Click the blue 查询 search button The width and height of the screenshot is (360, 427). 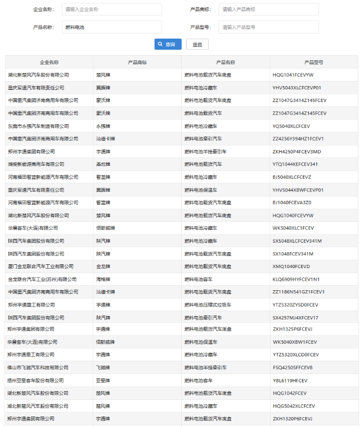point(168,44)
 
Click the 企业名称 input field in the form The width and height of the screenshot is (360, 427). point(112,9)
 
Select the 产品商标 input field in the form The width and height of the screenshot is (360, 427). point(268,9)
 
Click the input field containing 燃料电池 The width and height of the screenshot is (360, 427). point(112,26)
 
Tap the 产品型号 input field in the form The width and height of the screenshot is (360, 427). point(268,26)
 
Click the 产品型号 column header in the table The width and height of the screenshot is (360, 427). point(314,62)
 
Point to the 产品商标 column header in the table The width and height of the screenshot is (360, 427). point(137,62)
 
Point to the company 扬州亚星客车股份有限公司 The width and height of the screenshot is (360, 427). point(35,381)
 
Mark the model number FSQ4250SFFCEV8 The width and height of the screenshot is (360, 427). point(292,367)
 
